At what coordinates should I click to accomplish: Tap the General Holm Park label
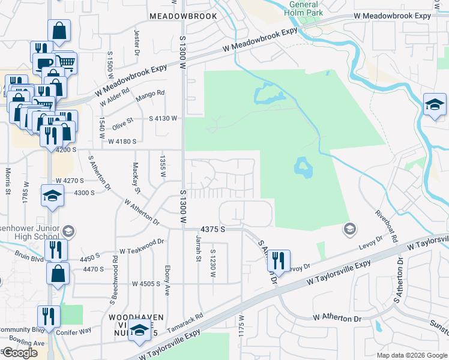click(x=303, y=8)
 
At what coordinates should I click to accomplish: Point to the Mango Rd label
click(x=151, y=94)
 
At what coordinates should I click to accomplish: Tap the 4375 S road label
click(x=213, y=229)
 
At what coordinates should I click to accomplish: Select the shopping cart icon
click(x=66, y=62)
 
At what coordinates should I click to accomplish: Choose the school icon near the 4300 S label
click(x=52, y=195)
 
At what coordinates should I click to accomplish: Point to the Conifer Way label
click(x=74, y=329)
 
